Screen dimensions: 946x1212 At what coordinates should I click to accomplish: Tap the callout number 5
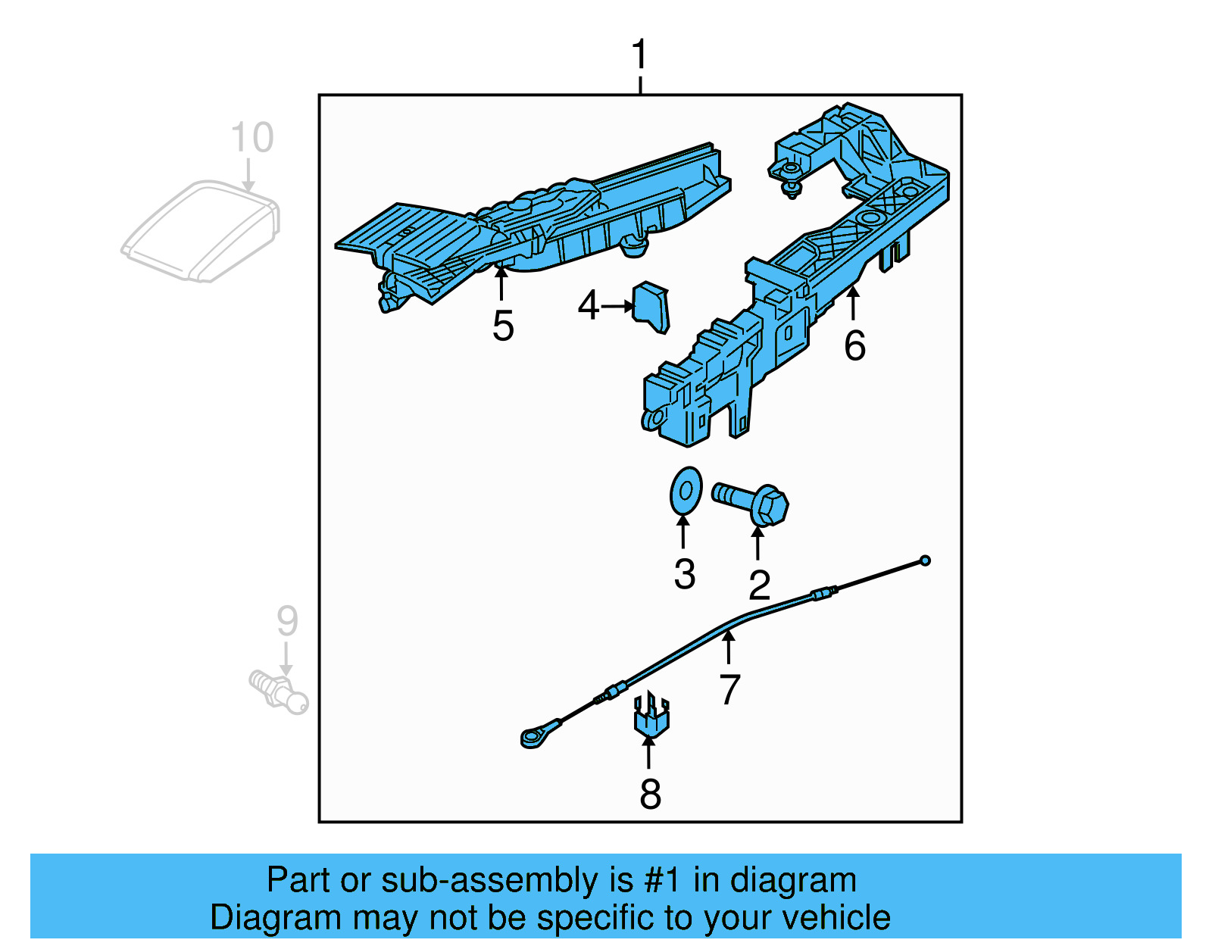pos(503,326)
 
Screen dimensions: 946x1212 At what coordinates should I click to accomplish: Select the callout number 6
pos(854,346)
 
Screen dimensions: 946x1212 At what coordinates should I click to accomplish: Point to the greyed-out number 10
pos(251,138)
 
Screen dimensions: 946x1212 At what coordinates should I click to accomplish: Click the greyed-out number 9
pos(287,620)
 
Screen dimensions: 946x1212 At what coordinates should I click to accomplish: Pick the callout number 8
pos(650,794)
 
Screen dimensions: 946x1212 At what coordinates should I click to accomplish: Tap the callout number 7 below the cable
pos(729,689)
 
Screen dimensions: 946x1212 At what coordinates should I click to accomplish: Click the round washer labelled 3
pos(686,490)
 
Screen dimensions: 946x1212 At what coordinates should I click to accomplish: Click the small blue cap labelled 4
pos(651,307)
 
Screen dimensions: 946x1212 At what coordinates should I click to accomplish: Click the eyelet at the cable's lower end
pos(532,736)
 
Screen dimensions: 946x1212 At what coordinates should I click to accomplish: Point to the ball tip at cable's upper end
pos(924,560)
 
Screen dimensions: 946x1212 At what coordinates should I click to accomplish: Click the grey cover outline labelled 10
pos(201,231)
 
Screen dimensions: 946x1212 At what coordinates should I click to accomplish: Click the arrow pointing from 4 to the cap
pos(618,306)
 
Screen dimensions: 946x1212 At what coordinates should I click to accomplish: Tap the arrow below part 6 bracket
pos(854,303)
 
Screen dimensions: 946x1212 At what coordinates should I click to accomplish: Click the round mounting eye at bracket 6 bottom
pos(653,418)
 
